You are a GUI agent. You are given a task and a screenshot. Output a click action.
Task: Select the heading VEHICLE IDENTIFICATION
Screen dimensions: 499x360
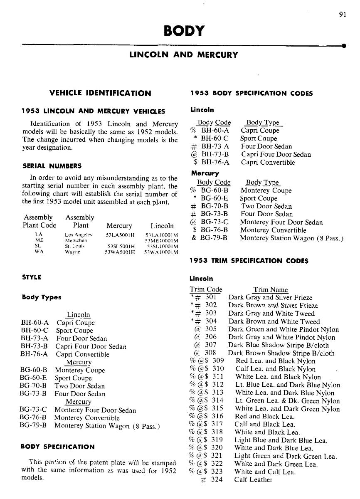click(100, 93)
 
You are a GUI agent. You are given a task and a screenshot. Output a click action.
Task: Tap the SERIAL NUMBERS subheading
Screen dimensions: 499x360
click(52, 166)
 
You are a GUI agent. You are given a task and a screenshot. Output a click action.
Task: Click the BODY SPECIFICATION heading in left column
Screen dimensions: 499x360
click(58, 447)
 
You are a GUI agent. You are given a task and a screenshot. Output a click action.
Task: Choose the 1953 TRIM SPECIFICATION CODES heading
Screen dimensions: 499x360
click(249, 261)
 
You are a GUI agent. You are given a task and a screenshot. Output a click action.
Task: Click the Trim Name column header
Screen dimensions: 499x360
click(270, 289)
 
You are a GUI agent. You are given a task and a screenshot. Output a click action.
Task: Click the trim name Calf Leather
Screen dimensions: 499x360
click(253, 480)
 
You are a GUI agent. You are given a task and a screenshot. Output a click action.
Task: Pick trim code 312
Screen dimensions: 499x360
click(217, 385)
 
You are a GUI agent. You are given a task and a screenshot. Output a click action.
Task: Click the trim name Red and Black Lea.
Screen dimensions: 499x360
click(265, 417)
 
